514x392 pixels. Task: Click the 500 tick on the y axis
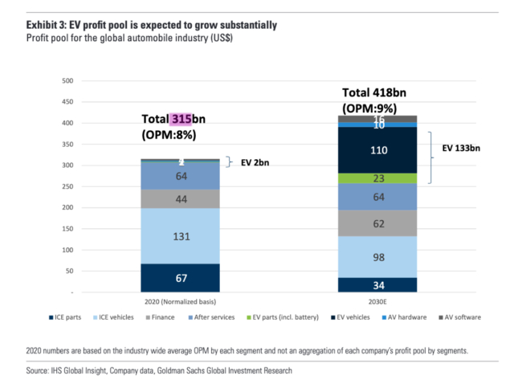(x=67, y=81)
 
